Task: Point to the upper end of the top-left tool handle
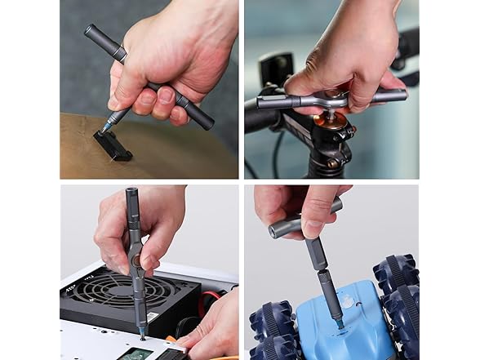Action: (x=91, y=31)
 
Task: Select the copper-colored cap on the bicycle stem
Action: (x=332, y=121)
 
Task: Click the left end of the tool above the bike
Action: (x=263, y=102)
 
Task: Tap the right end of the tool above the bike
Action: (x=396, y=96)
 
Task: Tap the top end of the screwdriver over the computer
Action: (x=131, y=193)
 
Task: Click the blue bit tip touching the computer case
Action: (x=142, y=334)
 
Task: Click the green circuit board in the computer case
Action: (x=134, y=353)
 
